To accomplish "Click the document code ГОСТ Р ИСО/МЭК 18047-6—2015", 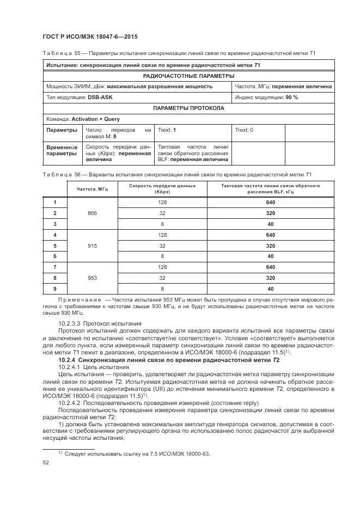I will click(x=90, y=36).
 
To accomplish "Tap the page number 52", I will click(x=46, y=462).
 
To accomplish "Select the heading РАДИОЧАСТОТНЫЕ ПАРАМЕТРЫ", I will click(x=188, y=76).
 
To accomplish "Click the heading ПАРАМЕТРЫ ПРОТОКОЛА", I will click(x=188, y=108).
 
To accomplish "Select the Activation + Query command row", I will click(x=188, y=119).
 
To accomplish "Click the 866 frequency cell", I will click(x=92, y=213).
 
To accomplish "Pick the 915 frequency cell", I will click(x=92, y=246).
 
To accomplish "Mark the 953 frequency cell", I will click(x=92, y=278).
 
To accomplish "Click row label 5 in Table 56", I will click(x=55, y=246).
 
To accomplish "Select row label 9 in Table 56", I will click(x=55, y=289).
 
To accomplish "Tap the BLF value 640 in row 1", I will click(x=270, y=203).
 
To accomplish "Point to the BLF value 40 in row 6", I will click(x=270, y=256).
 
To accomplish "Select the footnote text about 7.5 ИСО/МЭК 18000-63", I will click(x=137, y=453).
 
